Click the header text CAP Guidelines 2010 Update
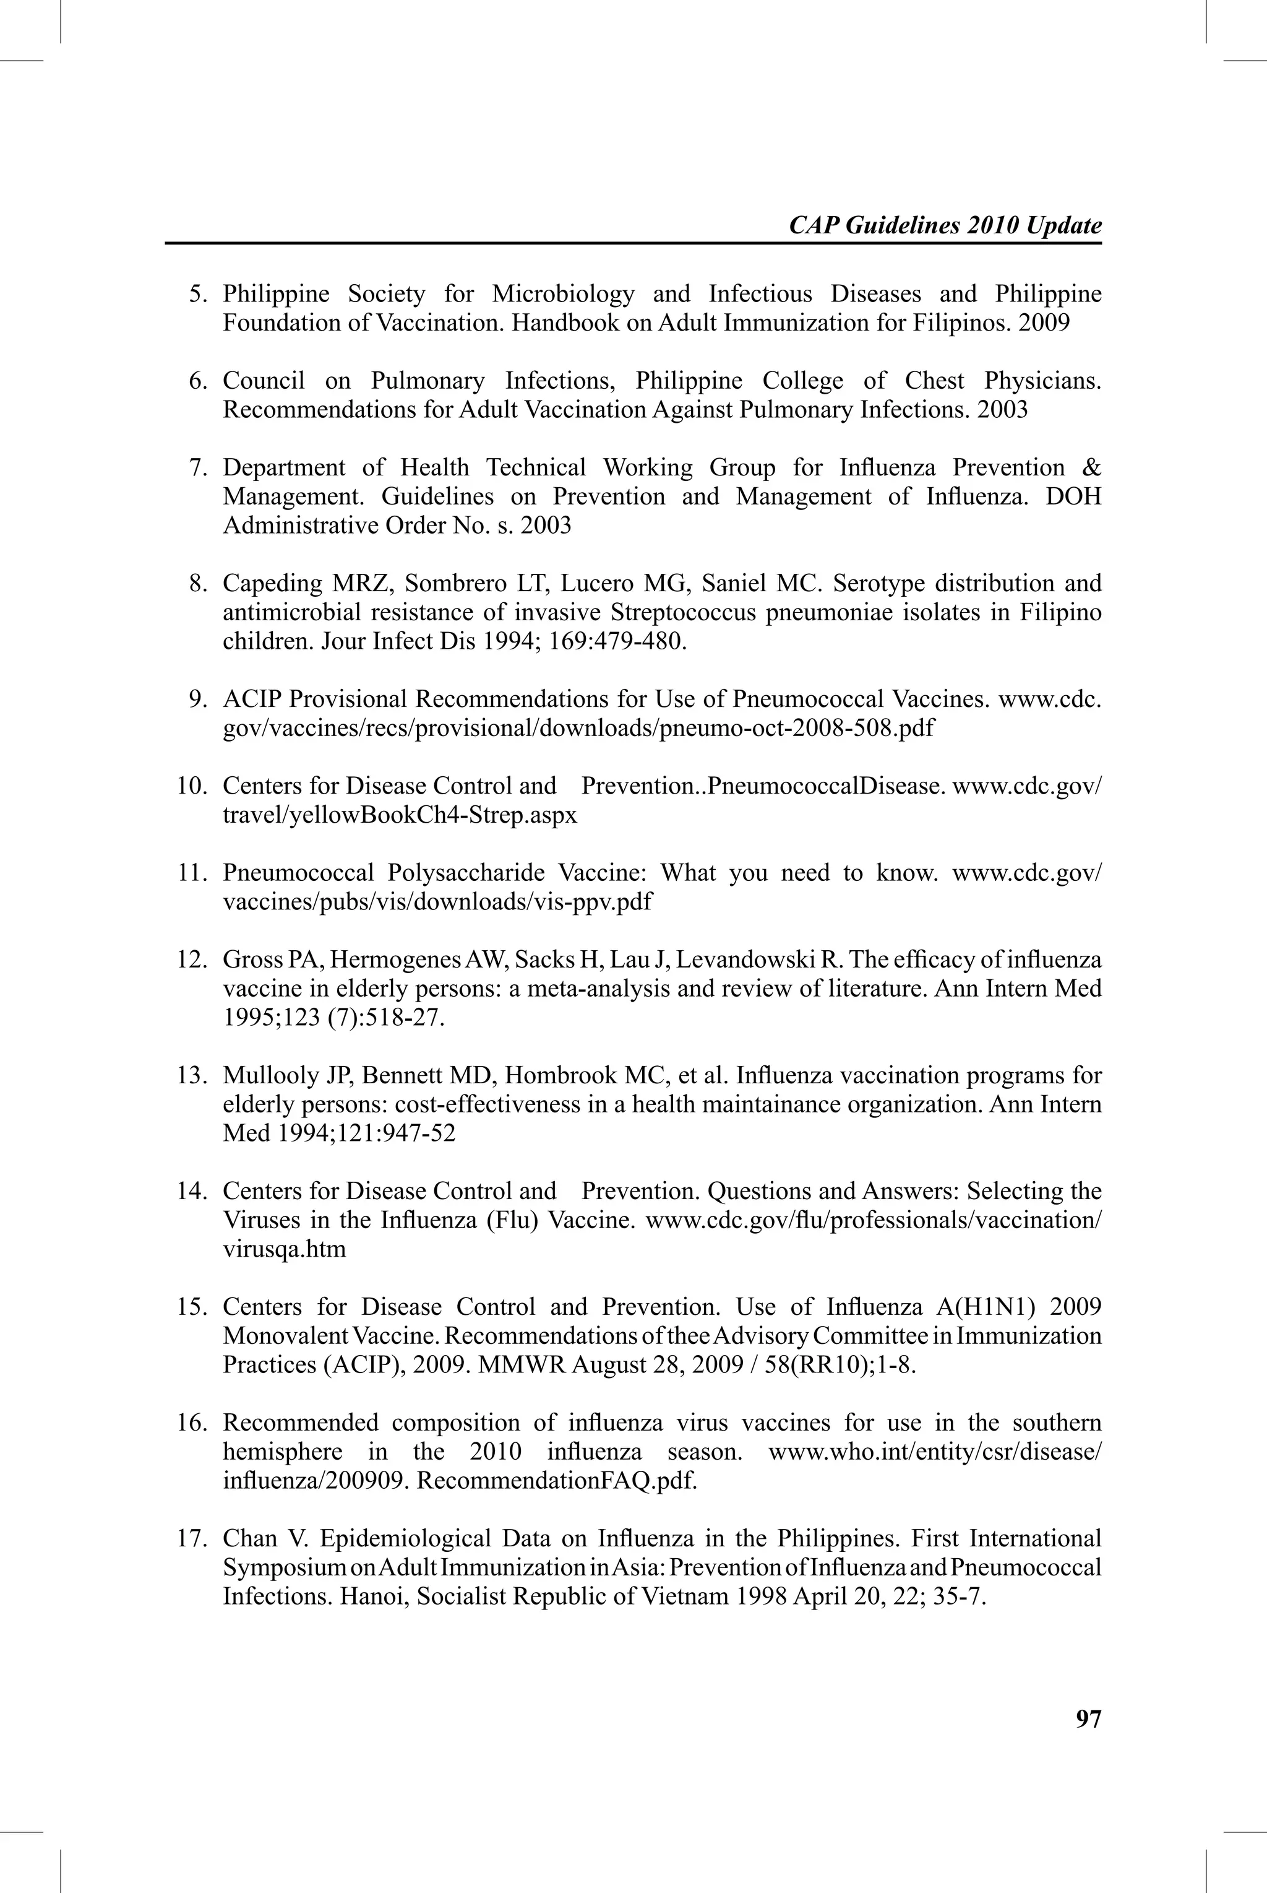point(945,225)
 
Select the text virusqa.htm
point(285,1250)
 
